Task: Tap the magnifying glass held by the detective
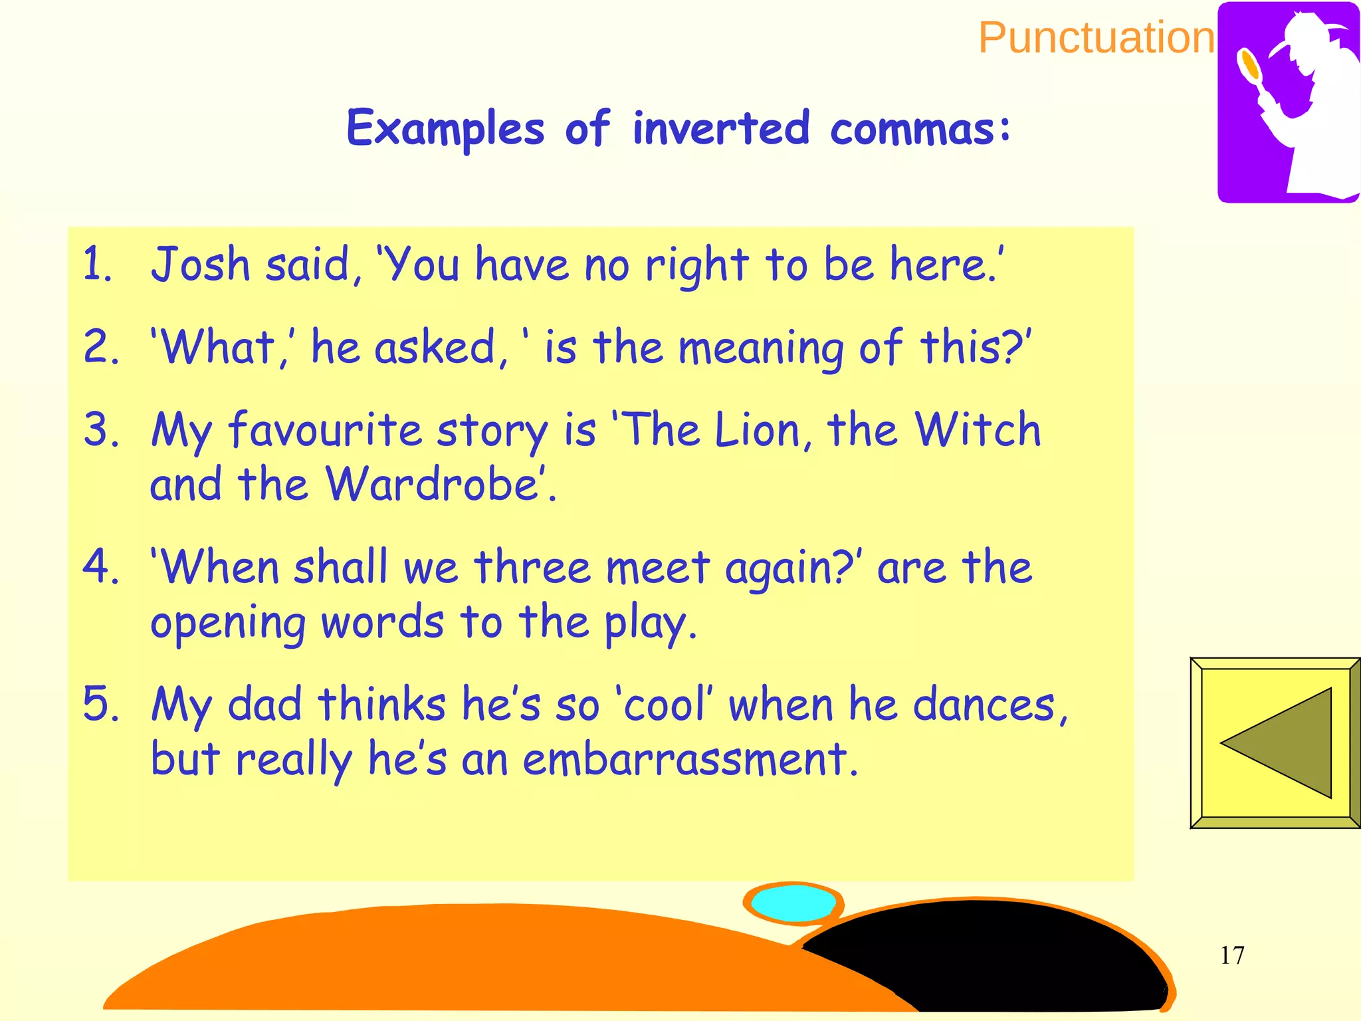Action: click(x=1249, y=65)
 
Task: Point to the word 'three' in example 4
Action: click(x=532, y=569)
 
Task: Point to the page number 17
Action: click(x=1232, y=955)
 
